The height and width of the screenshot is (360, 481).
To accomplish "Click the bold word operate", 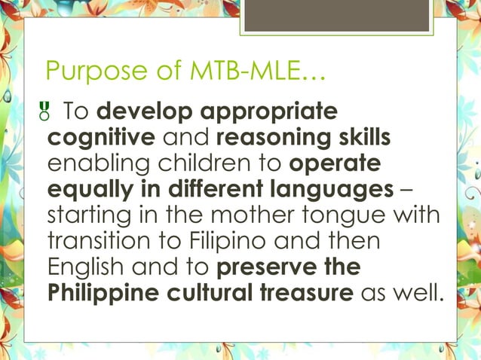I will [x=335, y=165].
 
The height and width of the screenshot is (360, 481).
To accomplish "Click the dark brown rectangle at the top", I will [x=339, y=16].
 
